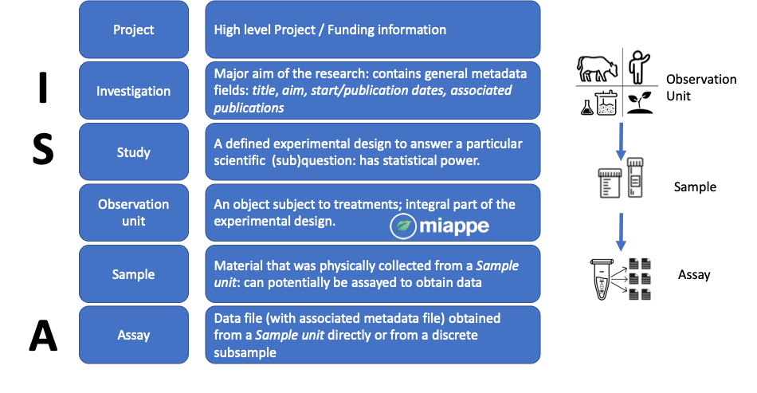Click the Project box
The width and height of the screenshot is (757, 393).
coord(134,29)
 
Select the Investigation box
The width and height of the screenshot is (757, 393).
coord(134,91)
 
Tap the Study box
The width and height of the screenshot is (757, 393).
coord(134,152)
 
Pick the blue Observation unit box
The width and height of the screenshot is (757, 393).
coord(134,213)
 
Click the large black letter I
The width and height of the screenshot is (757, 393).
coord(43,87)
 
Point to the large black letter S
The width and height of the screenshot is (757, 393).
coord(43,149)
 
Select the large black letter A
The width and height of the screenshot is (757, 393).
coord(43,336)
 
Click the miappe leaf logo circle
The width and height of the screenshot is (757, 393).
coord(403,226)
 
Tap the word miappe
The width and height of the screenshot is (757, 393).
coord(454,226)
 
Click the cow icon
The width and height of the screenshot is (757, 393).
coord(597,69)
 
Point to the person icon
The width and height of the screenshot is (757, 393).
coord(639,67)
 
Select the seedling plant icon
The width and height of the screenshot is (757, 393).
coord(640,103)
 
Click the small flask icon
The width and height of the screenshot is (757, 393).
coord(587,107)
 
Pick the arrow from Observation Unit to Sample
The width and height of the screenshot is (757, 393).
coord(621,141)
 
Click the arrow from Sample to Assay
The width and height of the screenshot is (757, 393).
coord(621,232)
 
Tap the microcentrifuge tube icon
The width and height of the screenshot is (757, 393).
coord(602,279)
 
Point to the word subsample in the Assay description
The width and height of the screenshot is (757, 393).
coord(245,353)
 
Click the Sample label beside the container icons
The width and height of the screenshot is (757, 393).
coord(695,187)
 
